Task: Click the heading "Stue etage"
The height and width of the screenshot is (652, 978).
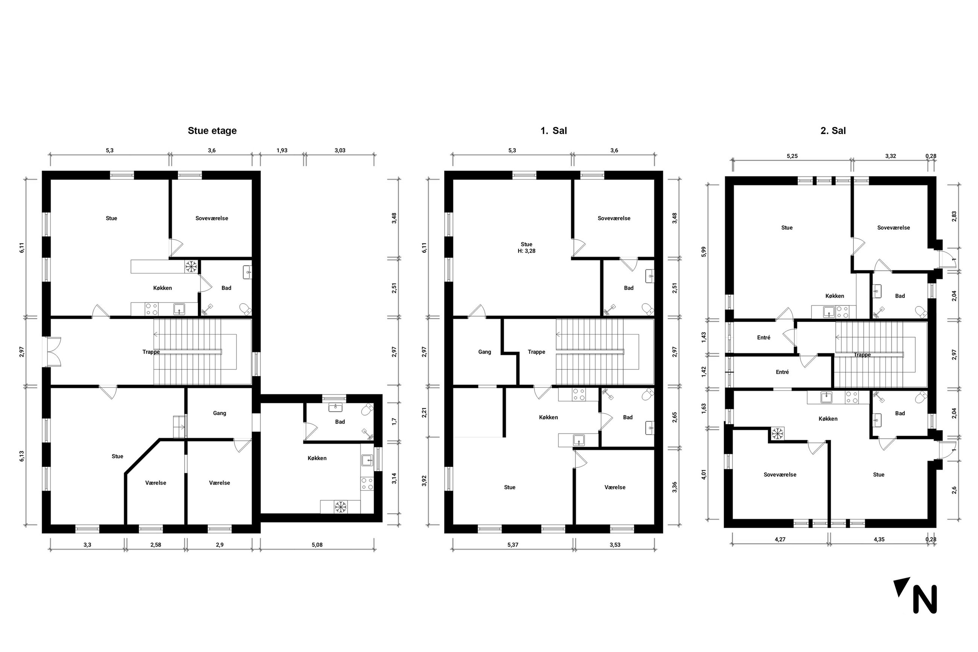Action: coord(212,131)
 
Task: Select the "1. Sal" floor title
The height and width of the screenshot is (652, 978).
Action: coord(553,131)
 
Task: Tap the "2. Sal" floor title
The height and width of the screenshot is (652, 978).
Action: coord(833,131)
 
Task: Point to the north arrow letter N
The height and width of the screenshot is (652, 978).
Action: coord(925,599)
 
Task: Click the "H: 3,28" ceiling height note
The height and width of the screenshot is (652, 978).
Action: coord(526,251)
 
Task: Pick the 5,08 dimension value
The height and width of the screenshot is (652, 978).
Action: coord(317,545)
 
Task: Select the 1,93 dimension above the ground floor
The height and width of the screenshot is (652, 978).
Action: coord(282,150)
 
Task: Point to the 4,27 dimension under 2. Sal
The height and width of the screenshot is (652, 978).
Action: coord(780,539)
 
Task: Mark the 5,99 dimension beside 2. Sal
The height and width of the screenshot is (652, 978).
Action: coord(703,252)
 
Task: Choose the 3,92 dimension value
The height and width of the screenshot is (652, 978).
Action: coord(424,481)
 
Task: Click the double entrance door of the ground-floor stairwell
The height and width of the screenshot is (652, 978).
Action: coord(54,352)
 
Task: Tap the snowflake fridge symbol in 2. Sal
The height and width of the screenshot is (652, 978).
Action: coord(777,434)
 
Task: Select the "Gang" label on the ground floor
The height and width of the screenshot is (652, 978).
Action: coord(219,413)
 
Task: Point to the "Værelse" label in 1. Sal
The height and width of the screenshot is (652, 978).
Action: coord(615,487)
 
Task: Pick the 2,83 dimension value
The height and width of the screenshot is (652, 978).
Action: coord(954,217)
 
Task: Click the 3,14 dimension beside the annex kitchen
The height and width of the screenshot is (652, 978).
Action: coord(394,478)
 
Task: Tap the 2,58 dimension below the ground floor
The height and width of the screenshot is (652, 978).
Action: coord(155,545)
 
